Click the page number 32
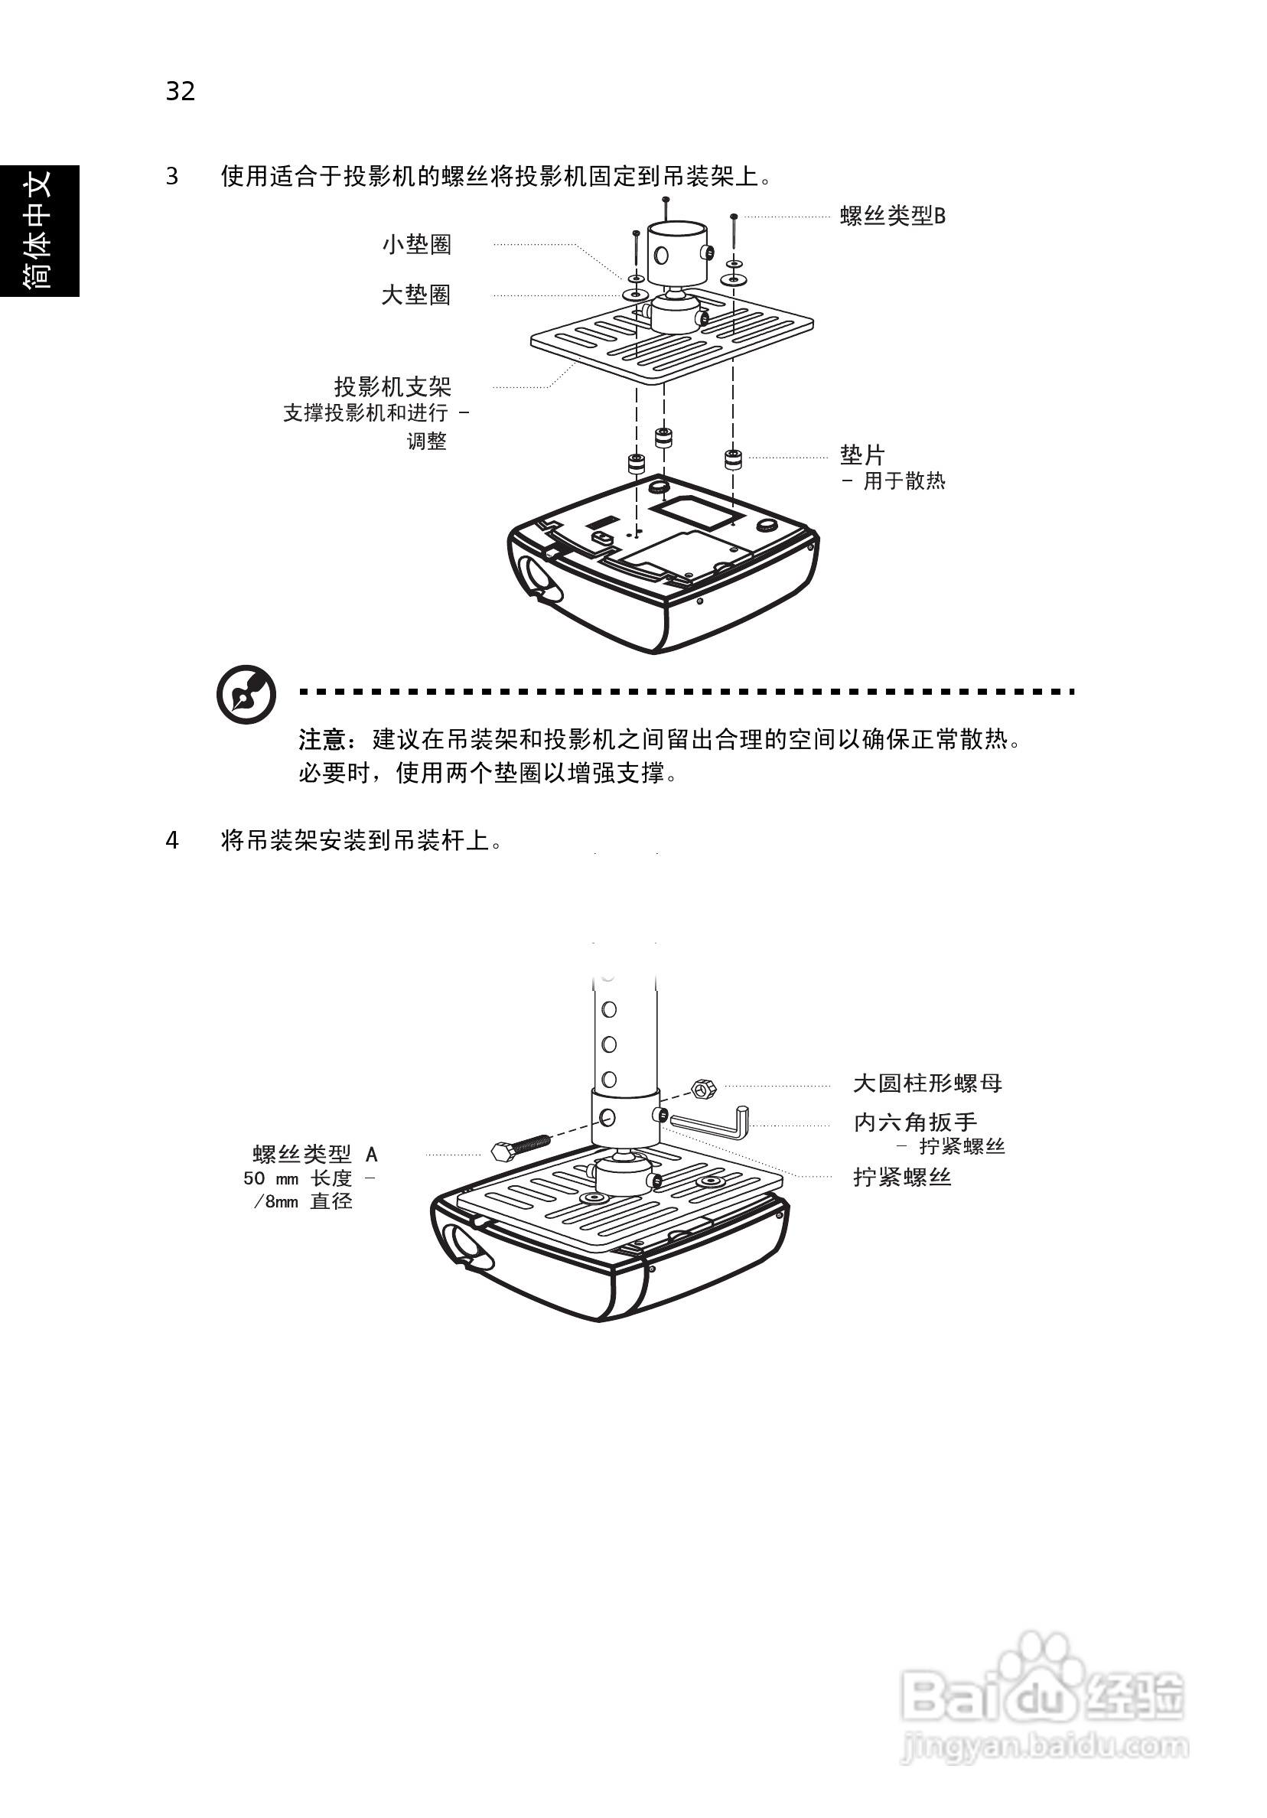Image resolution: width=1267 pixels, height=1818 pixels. (180, 92)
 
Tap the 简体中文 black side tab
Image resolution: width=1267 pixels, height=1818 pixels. (39, 230)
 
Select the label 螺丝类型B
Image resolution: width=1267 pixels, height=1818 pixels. (892, 217)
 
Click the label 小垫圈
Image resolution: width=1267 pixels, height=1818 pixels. (416, 245)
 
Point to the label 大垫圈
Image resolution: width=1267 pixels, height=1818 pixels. (415, 295)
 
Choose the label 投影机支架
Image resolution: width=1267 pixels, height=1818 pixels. (392, 387)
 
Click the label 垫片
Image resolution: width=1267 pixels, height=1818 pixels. (861, 455)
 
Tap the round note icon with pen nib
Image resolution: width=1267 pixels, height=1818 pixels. (246, 695)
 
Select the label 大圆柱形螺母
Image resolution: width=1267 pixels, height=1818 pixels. (927, 1083)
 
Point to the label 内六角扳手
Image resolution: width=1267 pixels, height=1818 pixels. (914, 1122)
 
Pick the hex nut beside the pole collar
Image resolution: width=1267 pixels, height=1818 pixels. (702, 1089)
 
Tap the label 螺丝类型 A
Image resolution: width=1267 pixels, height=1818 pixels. (314, 1155)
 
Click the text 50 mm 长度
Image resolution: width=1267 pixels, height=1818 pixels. (297, 1178)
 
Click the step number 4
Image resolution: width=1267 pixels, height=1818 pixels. (172, 841)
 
